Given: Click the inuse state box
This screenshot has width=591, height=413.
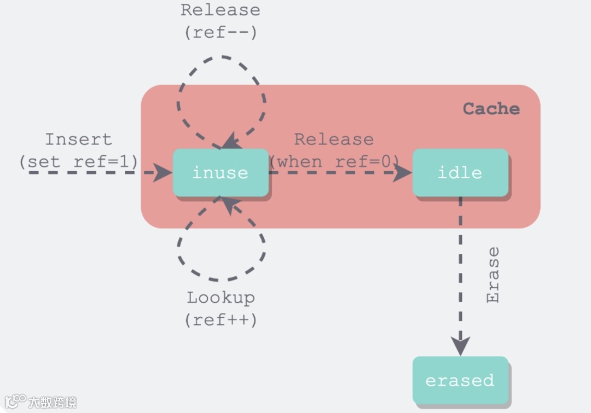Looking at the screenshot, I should [x=221, y=173].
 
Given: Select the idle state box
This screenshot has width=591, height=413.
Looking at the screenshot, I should [x=460, y=173].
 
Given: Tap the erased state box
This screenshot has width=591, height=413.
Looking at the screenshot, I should [x=460, y=381].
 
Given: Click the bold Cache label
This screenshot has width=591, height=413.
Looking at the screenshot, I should [x=491, y=109].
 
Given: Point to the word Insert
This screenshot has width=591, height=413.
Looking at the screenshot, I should [x=78, y=139].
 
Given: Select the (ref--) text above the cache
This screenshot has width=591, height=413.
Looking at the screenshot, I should [x=221, y=32].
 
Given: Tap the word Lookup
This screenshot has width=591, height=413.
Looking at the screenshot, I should [x=221, y=298].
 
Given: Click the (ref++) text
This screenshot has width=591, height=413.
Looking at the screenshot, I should [x=221, y=319].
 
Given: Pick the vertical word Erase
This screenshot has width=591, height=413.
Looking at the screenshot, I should [x=493, y=275].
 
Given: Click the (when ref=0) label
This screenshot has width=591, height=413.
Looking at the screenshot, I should [x=334, y=162].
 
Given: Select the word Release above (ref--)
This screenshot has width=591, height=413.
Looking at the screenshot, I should [x=221, y=10].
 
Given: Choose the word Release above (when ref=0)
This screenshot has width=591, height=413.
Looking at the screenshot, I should [x=334, y=139].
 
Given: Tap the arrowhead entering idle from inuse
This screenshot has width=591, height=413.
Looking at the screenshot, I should [x=403, y=173].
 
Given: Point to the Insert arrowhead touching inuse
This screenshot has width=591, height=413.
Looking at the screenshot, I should [x=163, y=173].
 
